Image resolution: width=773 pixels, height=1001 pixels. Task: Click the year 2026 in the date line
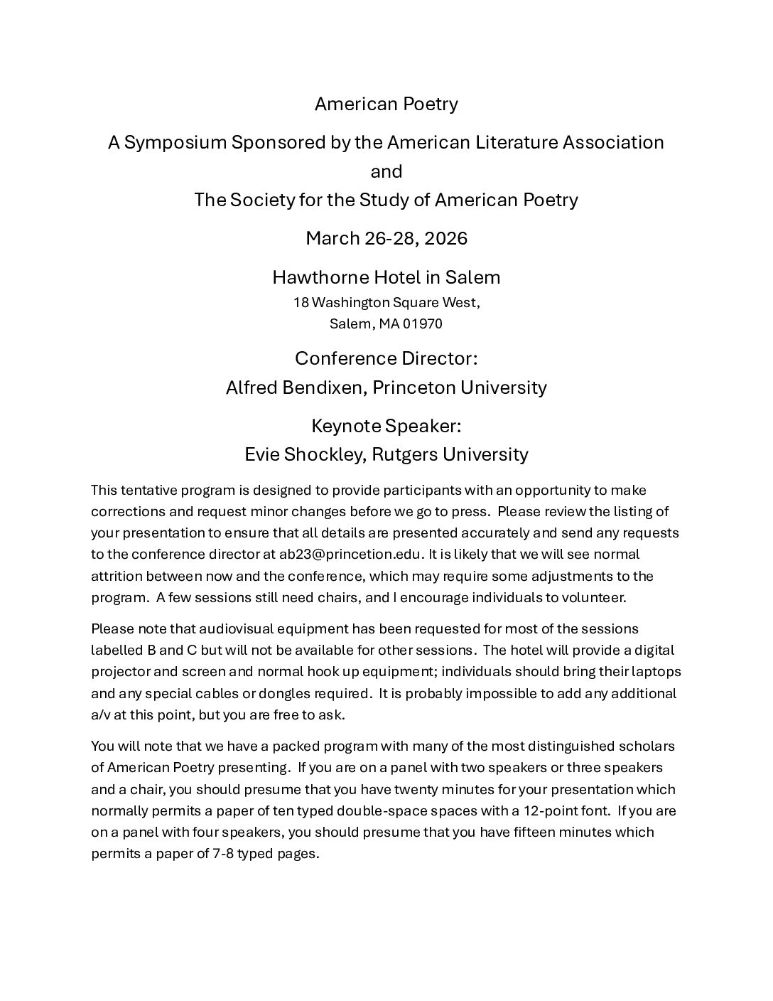[x=445, y=238]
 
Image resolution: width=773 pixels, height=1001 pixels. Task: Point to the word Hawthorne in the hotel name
[x=310, y=277]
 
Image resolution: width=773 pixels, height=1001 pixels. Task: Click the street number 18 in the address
[x=301, y=303]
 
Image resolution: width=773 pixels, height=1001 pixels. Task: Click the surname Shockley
[x=328, y=454]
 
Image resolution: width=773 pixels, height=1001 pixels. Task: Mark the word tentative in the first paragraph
[x=151, y=491]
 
